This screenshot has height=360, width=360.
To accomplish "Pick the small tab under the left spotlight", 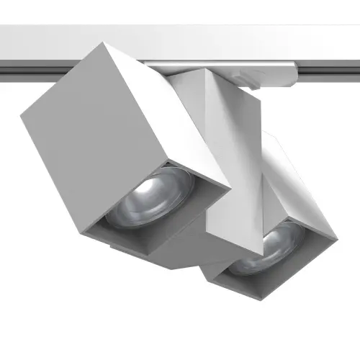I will tap(119, 247).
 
